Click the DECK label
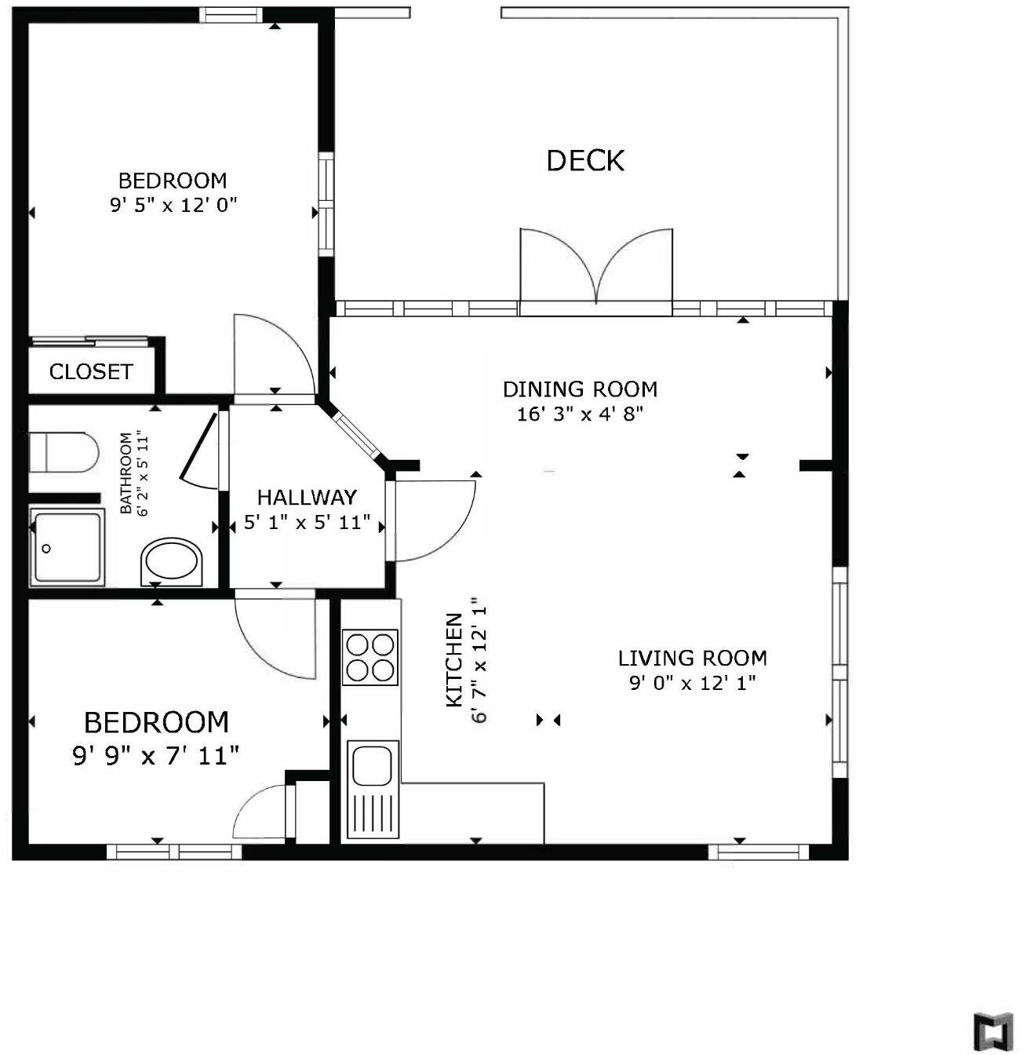click(x=585, y=161)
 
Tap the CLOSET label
click(x=91, y=371)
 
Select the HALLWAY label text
click(x=307, y=497)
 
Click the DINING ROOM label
click(x=580, y=389)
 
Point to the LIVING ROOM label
click(x=692, y=658)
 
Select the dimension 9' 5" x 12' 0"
click(x=173, y=206)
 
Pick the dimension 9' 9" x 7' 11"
click(x=156, y=756)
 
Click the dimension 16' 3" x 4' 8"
click(x=580, y=414)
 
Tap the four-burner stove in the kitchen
click(x=370, y=657)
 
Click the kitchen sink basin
click(x=372, y=765)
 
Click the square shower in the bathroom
click(x=67, y=546)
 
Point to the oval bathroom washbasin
click(x=171, y=561)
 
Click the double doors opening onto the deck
click(x=596, y=271)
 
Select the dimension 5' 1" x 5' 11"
click(x=307, y=523)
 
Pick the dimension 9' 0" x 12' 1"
click(x=692, y=683)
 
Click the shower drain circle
click(x=46, y=549)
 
